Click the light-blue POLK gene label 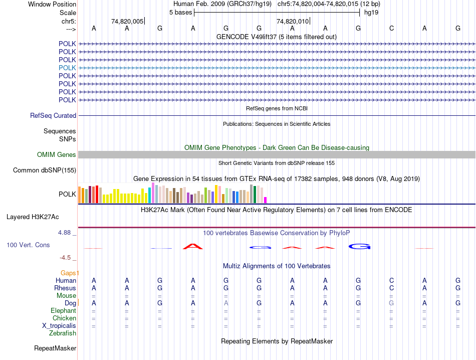[67, 68]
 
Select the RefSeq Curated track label [53, 115]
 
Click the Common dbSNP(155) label [45, 170]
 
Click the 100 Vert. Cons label [28, 245]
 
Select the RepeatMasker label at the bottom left [55, 348]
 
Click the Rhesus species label [65, 288]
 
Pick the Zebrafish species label [63, 333]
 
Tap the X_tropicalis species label [59, 326]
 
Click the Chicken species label [64, 318]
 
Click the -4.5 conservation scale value [65, 258]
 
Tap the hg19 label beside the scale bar [371, 12]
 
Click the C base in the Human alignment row [391, 281]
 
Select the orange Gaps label [69, 273]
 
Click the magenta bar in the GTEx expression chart [266, 200]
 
